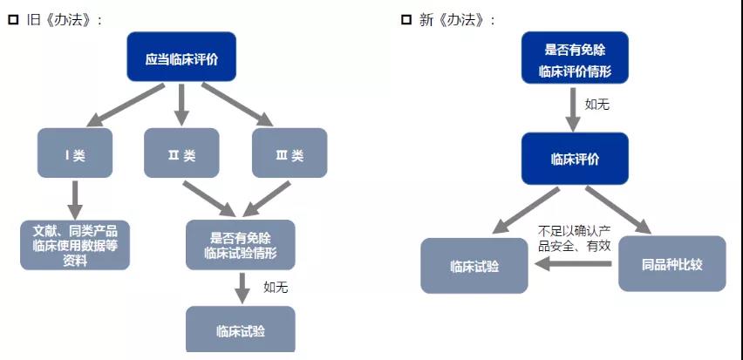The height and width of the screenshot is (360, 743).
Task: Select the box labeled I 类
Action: pos(75,155)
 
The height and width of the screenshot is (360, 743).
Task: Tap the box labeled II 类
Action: pos(181,155)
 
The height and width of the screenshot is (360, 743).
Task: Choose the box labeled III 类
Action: pos(290,155)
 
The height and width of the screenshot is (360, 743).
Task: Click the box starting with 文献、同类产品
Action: pos(75,245)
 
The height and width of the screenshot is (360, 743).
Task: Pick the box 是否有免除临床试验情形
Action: pos(240,245)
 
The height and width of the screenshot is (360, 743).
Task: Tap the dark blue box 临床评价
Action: pos(575,159)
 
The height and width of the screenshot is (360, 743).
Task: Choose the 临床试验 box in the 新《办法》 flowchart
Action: pos(475,265)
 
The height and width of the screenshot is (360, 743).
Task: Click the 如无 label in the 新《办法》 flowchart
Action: pos(597,104)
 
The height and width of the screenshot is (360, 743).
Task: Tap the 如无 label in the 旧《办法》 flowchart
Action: pos(276,286)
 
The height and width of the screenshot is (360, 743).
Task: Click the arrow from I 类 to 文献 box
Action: pos(75,198)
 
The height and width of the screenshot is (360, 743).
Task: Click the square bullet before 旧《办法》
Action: pos(13,20)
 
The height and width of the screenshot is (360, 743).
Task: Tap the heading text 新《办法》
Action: pos(457,20)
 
